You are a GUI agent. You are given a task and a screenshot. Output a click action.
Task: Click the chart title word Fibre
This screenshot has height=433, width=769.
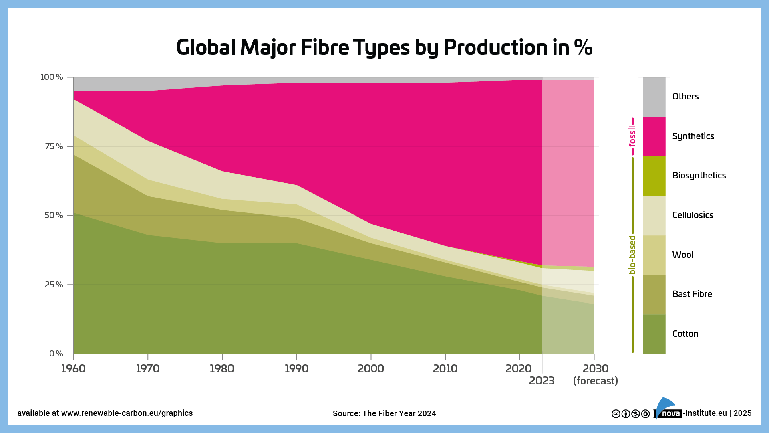[324, 47]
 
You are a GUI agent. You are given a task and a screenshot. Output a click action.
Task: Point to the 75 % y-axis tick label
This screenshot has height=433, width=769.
[54, 146]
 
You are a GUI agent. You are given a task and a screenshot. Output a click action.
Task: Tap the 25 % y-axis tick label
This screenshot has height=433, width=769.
[54, 285]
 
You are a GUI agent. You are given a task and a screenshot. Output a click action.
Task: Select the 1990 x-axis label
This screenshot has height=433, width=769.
[296, 368]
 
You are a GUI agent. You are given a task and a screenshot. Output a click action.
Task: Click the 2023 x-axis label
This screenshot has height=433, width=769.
[542, 381]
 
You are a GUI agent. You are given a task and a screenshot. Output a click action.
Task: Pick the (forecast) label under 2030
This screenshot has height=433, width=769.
[595, 381]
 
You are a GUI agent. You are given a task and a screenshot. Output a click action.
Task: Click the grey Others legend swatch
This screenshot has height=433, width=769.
[654, 97]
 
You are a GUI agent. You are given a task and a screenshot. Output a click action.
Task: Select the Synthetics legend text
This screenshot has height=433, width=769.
[693, 136]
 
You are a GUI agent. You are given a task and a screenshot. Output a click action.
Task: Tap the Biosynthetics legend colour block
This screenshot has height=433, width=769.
[654, 176]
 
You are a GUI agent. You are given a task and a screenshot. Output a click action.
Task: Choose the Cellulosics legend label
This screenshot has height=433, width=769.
[693, 215]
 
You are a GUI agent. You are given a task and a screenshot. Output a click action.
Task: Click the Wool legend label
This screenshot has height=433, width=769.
[682, 255]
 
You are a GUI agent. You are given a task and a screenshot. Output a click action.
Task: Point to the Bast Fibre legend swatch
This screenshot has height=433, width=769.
[654, 294]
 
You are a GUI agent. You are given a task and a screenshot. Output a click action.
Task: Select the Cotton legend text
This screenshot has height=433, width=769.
[685, 334]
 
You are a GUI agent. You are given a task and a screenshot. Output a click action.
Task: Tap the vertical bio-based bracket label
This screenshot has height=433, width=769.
[632, 255]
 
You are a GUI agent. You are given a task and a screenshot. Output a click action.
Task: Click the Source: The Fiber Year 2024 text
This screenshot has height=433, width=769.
[384, 413]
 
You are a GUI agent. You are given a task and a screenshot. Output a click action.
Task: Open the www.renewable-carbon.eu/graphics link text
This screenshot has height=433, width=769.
[127, 413]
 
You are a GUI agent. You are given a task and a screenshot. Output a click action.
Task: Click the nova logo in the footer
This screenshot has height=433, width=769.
[668, 411]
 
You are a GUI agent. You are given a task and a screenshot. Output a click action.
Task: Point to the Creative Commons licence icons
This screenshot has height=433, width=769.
[630, 414]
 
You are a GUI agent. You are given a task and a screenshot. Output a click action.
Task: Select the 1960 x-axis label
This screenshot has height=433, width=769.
[73, 368]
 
